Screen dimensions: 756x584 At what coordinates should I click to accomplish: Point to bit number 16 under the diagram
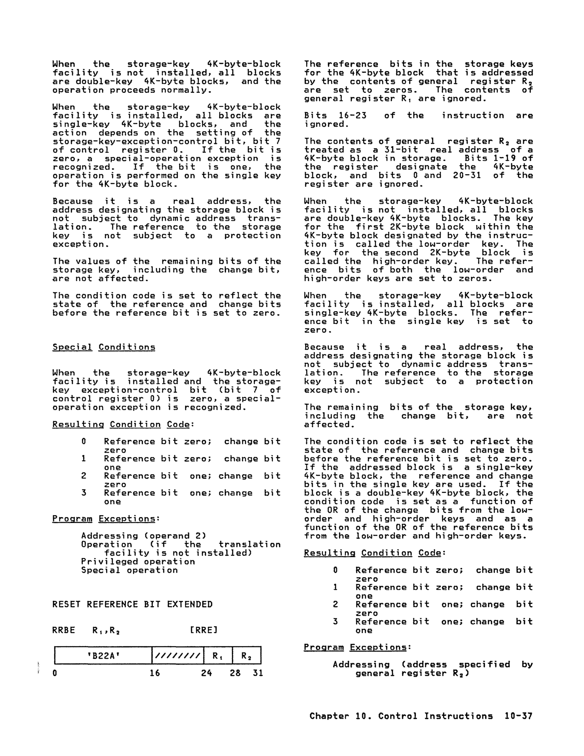[155, 673]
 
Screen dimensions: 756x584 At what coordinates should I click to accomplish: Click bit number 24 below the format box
[206, 673]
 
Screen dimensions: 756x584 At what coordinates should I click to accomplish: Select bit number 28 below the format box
[235, 673]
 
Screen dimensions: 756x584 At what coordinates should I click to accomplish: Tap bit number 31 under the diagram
[258, 673]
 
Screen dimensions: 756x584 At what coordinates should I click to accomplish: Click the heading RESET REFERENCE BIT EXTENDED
[132, 604]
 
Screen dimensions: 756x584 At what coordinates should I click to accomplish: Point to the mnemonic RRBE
[64, 630]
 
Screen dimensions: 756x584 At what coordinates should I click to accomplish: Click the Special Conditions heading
[103, 347]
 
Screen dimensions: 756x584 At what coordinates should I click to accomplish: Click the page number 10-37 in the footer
[518, 716]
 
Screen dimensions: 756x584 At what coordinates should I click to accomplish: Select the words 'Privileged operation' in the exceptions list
[138, 562]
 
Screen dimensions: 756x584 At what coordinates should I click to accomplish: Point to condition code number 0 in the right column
[335, 570]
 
